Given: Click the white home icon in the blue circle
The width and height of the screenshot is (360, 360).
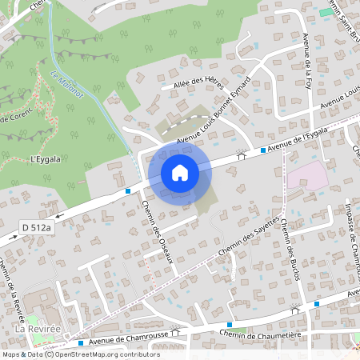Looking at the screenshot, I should (180, 173).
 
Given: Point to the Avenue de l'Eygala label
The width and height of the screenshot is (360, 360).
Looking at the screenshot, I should (298, 140).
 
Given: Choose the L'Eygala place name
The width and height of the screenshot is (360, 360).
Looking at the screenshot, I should (46, 159).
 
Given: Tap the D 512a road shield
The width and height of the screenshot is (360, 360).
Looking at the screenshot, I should (36, 229).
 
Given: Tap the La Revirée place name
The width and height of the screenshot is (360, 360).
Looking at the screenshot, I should (34, 328).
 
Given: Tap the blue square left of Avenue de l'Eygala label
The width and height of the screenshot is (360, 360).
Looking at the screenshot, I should (262, 150).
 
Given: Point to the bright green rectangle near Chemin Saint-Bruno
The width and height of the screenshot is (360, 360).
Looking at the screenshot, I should (325, 12).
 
